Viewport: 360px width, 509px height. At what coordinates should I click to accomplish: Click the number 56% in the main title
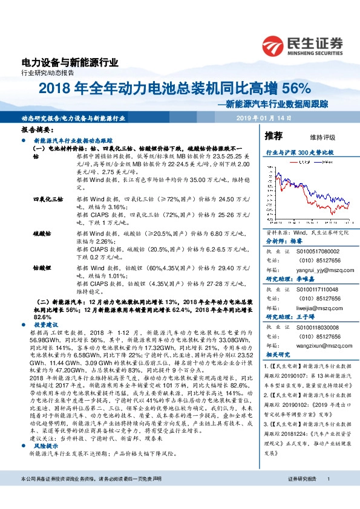296,89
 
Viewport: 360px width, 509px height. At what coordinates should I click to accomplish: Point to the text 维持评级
322,137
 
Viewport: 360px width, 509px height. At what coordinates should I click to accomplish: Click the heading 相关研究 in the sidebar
278,356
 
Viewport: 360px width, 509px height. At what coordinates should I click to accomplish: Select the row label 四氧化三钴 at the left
48,198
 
